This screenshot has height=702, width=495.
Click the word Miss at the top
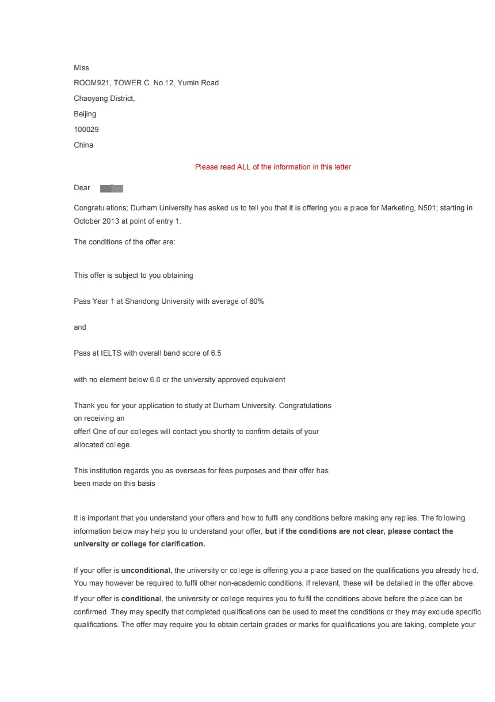click(x=81, y=68)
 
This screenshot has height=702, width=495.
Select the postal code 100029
click(x=86, y=130)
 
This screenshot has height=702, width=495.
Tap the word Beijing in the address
click(x=85, y=114)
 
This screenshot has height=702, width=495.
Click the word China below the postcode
click(x=83, y=145)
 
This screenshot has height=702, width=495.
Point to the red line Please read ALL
click(x=273, y=167)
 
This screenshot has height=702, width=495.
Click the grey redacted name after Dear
click(x=112, y=188)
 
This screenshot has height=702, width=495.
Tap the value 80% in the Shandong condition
click(x=256, y=301)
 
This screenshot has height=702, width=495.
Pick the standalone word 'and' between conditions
click(x=79, y=327)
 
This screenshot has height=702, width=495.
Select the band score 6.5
click(x=216, y=353)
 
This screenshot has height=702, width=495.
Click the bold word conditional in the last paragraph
click(x=142, y=599)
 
